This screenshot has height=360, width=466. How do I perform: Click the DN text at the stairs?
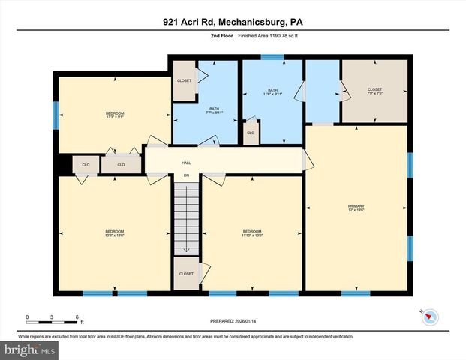186,176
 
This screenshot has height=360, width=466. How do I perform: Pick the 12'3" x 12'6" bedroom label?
114,233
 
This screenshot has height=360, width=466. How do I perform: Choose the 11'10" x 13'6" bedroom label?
251,233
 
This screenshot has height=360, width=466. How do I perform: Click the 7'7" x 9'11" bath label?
214,110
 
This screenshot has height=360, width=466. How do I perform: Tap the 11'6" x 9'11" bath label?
272,92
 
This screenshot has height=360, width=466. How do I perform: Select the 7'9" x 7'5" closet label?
374,92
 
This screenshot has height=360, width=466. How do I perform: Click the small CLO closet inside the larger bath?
251,133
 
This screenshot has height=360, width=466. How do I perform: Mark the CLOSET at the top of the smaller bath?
184,80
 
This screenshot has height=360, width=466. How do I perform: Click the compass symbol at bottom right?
428,318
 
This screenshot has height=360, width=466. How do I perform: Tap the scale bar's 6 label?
77,316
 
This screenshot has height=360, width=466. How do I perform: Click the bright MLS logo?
30,350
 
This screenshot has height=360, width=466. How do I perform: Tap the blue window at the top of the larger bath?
272,57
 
